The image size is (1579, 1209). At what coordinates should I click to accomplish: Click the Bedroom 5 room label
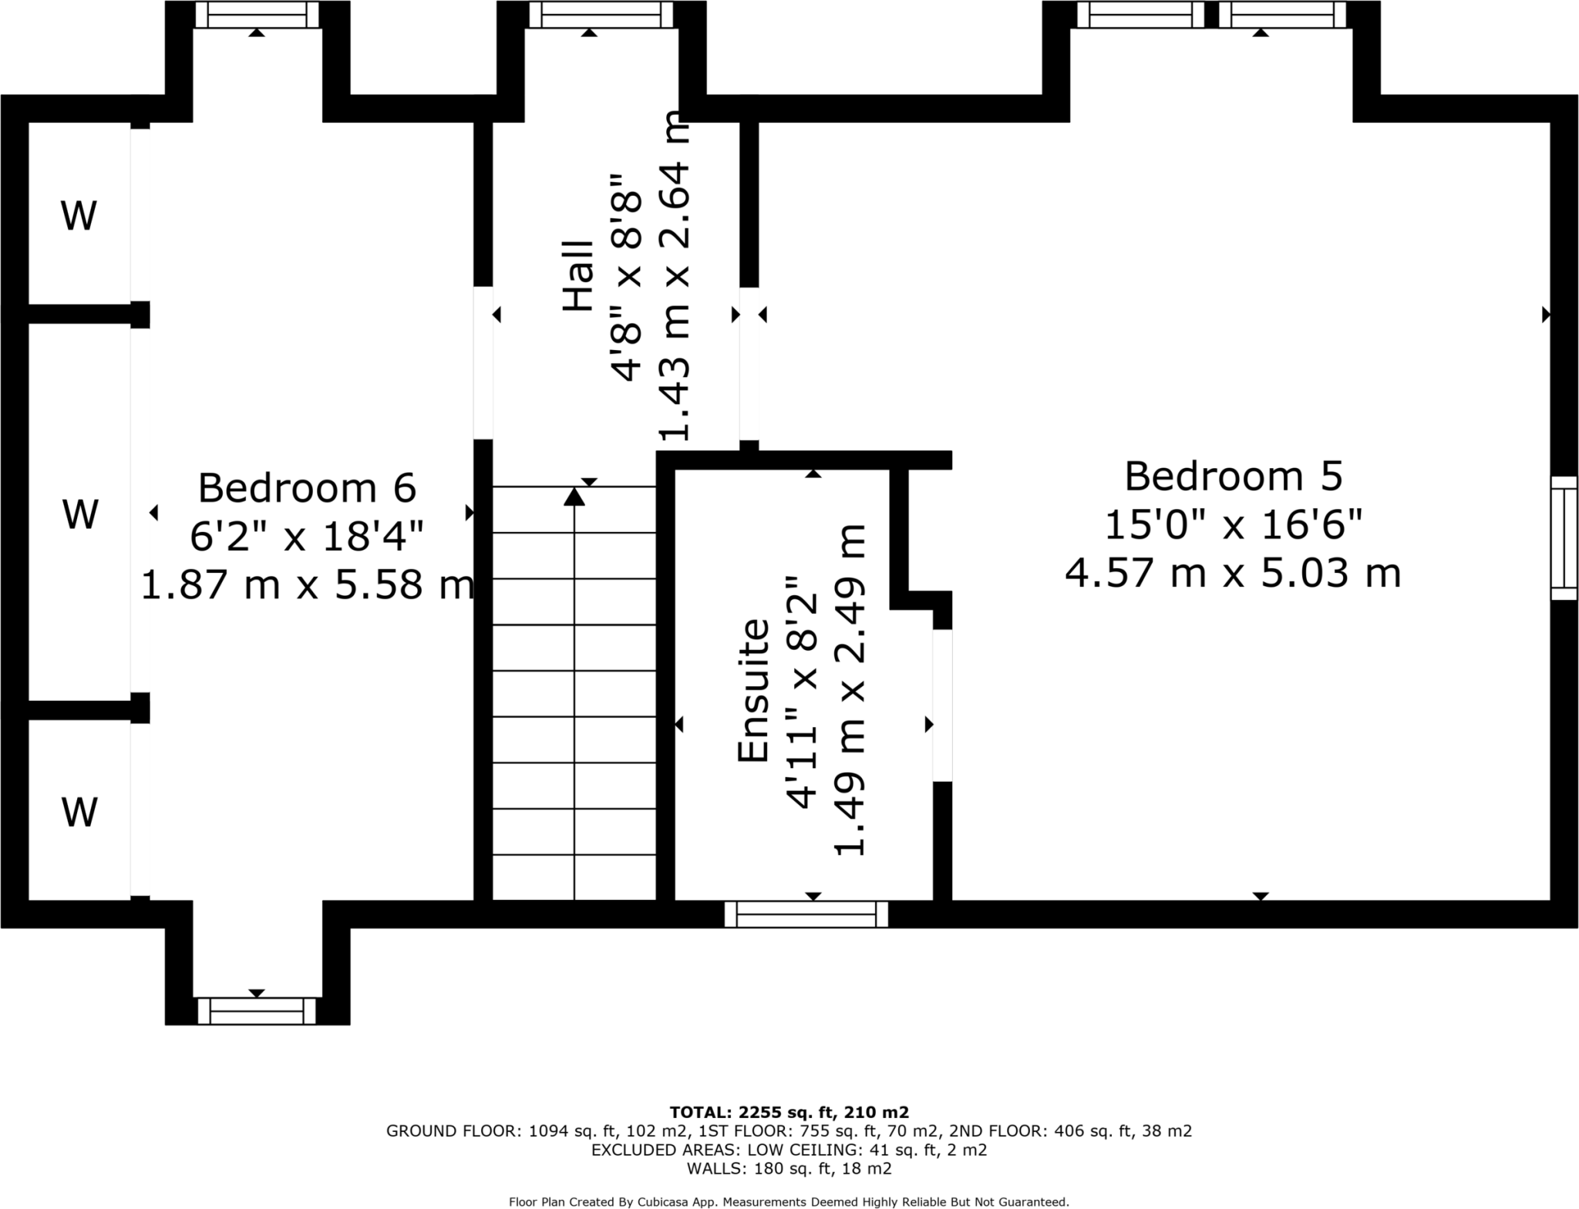click(x=1233, y=477)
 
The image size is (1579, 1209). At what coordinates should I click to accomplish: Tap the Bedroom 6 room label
click(x=307, y=488)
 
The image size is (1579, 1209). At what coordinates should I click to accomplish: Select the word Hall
click(x=579, y=276)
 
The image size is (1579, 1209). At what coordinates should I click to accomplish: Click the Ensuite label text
click(x=754, y=691)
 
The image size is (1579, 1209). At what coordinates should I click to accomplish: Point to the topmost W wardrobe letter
click(x=79, y=216)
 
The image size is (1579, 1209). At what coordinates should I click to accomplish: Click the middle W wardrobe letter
click(x=80, y=514)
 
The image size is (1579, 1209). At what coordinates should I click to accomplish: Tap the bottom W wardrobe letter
click(x=79, y=812)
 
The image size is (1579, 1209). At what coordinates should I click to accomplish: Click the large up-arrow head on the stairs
click(x=574, y=497)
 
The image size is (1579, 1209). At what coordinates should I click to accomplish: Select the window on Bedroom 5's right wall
click(x=1564, y=537)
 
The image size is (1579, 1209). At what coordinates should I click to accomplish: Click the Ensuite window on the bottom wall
click(x=806, y=914)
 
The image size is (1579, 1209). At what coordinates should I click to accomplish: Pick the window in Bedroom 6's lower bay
click(x=257, y=1011)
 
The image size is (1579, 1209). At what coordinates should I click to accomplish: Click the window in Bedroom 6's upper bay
click(x=257, y=14)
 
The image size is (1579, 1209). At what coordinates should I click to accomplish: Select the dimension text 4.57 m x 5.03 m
click(x=1233, y=574)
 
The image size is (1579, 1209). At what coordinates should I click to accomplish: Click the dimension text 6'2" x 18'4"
click(x=307, y=537)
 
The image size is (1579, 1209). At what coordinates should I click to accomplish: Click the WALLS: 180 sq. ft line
click(x=789, y=1169)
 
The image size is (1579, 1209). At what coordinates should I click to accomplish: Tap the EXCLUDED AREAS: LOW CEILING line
click(x=789, y=1150)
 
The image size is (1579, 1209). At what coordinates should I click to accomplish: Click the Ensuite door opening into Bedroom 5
click(x=942, y=706)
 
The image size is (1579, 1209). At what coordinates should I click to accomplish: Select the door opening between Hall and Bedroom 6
click(x=483, y=362)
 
